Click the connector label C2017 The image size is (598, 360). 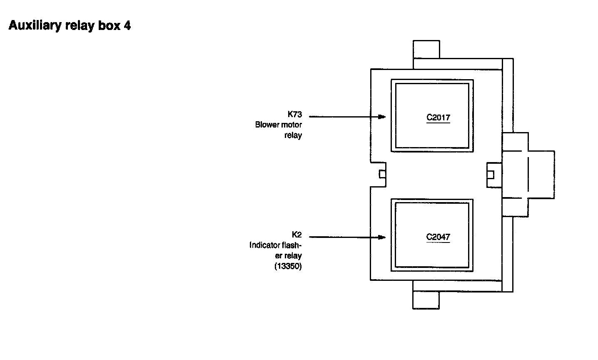pos(438,117)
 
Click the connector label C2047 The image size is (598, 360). pos(438,237)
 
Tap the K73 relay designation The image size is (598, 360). pos(294,115)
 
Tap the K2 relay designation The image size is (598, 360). pos(297,235)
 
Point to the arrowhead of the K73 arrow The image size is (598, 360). pos(382,117)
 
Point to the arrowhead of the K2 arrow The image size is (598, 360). pos(382,237)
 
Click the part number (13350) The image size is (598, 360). pos(288,266)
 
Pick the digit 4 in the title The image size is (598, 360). pos(127,26)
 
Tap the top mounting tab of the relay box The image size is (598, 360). pos(426,49)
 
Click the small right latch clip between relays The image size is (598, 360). pos(491,174)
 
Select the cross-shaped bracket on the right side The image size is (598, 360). pos(528,175)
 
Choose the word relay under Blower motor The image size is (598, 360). pos(293,135)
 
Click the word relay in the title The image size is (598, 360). pos(80,26)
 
